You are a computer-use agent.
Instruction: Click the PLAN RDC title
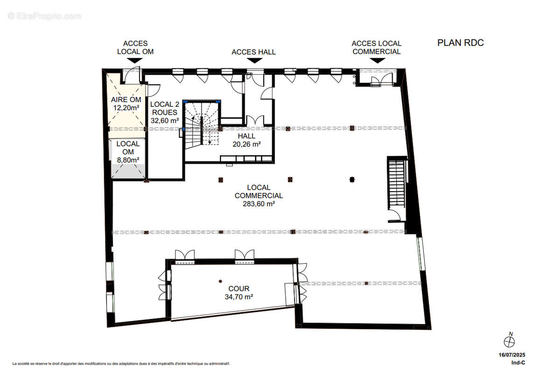point(460,43)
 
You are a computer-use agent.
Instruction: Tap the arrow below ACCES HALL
point(254,61)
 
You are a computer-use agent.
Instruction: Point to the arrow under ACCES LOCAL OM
point(134,60)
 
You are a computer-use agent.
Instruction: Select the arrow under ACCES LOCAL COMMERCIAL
point(377,60)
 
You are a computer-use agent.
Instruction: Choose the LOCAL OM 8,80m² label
point(127,152)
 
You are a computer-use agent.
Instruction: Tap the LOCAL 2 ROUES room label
point(165,112)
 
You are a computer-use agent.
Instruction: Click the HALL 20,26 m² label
point(246,140)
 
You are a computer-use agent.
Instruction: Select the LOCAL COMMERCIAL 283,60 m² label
point(259,195)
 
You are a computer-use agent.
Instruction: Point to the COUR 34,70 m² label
point(239,293)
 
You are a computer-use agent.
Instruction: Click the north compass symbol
point(509,340)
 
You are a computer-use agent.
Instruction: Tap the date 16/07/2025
point(512,355)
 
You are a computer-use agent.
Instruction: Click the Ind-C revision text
point(518,363)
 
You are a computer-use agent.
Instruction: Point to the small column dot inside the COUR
point(220,281)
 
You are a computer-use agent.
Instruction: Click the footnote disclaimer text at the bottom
point(121,363)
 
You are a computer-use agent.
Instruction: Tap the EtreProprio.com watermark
point(45,16)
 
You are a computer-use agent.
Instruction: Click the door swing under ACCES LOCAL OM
point(130,75)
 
